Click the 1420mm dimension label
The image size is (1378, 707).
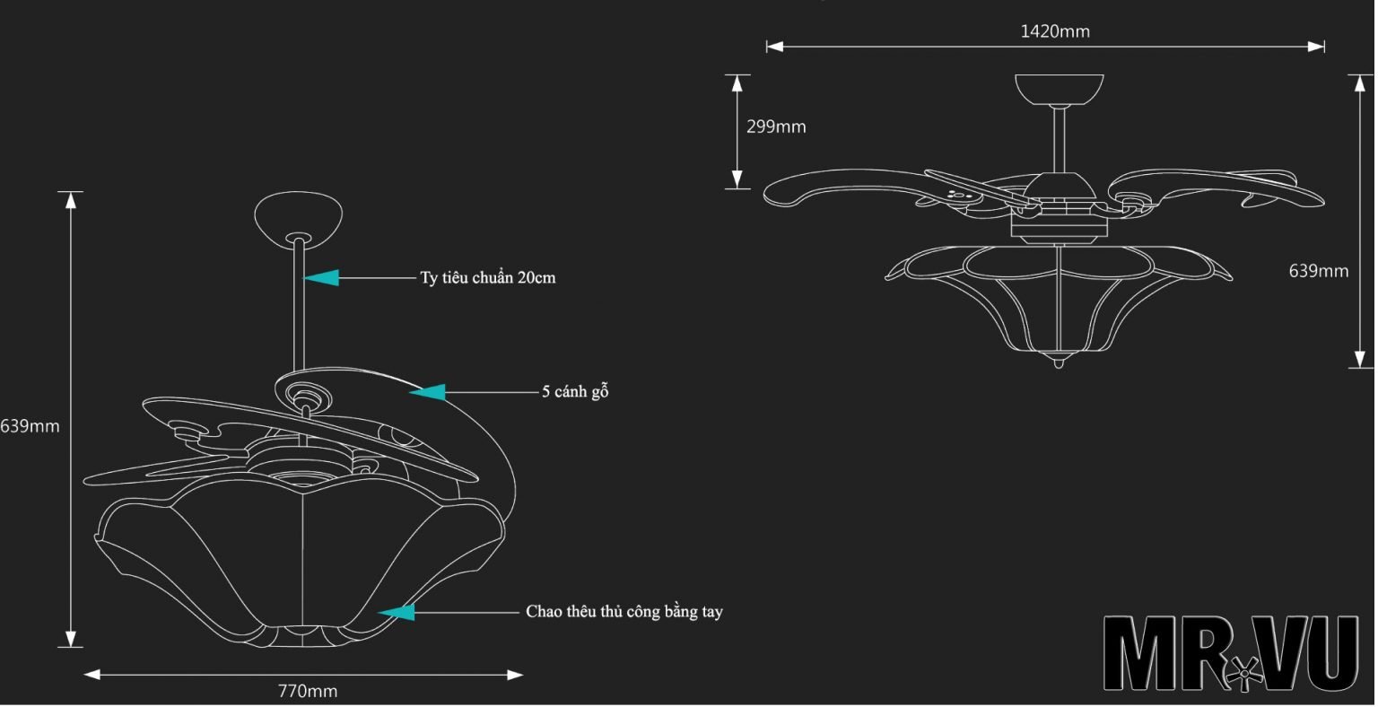[x=1055, y=31]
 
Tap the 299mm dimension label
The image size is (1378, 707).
[x=776, y=127]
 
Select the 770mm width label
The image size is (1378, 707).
[x=308, y=691]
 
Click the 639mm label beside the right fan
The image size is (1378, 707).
[x=1318, y=271]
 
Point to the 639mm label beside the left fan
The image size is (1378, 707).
[x=30, y=426]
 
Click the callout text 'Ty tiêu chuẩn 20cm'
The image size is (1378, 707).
[x=488, y=277]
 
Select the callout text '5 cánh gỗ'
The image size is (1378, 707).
[x=575, y=392]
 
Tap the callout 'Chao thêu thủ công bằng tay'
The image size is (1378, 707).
[x=624, y=612]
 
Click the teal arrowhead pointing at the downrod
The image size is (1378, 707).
[x=322, y=277]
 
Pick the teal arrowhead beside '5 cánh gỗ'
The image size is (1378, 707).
[x=428, y=392]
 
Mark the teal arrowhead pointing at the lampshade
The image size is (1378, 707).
[x=397, y=612]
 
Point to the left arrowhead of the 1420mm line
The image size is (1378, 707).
[x=774, y=47]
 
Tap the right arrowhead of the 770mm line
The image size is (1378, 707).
[x=515, y=675]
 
